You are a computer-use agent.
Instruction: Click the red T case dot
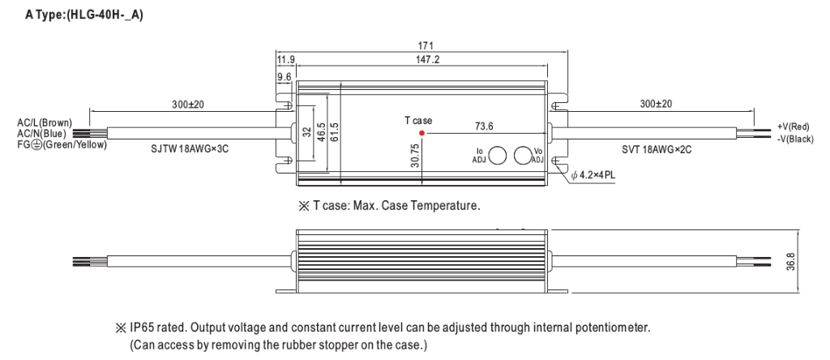[x=421, y=132]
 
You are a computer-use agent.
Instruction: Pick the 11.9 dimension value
[x=285, y=59]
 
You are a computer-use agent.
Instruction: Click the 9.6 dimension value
[x=285, y=78]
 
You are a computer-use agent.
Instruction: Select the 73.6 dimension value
[x=485, y=126]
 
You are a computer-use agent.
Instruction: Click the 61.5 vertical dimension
[x=332, y=131]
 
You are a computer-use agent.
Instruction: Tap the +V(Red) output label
[x=793, y=127]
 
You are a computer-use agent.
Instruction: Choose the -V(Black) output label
[x=794, y=139]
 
